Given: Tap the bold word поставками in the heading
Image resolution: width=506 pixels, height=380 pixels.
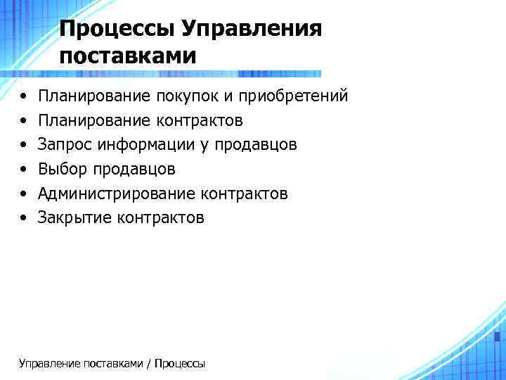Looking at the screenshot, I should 128,56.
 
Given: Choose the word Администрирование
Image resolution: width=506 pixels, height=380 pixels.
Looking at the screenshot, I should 117,194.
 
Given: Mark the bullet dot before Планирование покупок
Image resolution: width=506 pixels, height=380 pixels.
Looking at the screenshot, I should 24,97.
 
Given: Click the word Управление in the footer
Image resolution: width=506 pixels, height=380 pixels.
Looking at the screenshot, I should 49,364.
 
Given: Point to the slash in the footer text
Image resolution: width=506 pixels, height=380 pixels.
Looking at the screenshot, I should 148,364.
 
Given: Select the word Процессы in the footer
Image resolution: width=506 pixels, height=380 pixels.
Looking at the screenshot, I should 179,364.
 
